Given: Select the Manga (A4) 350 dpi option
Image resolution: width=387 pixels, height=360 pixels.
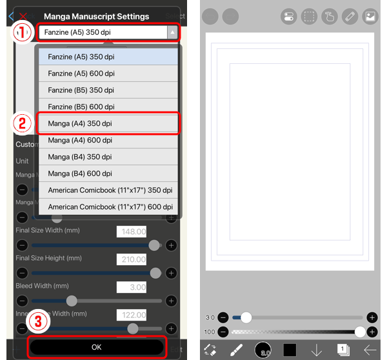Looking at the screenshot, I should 108,123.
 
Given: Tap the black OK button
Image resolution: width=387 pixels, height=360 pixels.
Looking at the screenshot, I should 97,347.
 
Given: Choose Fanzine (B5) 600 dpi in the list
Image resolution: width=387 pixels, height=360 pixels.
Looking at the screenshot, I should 108,106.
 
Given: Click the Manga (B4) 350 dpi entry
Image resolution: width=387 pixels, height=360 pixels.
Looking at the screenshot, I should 108,157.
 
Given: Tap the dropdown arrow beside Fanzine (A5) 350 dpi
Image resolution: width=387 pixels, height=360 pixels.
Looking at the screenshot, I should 172,32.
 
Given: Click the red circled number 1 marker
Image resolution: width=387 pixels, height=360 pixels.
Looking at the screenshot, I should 23,31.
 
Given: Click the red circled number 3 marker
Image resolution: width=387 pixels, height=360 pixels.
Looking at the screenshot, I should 37,321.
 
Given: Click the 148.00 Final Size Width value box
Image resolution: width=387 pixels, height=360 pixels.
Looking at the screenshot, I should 132,232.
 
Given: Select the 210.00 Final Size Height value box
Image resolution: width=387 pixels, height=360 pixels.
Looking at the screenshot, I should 132,259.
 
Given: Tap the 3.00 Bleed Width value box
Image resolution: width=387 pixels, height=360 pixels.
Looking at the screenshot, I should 132,287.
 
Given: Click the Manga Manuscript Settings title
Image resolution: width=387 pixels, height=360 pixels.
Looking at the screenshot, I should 96,16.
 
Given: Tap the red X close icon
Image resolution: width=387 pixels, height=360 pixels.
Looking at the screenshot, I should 24,15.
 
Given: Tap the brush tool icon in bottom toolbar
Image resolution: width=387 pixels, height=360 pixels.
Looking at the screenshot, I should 236,350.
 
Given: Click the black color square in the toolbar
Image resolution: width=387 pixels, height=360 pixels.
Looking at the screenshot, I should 290,350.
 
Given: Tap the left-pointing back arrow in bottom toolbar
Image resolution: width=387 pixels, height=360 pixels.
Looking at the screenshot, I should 370,350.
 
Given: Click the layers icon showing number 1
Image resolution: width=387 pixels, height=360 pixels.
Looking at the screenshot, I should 343,350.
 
